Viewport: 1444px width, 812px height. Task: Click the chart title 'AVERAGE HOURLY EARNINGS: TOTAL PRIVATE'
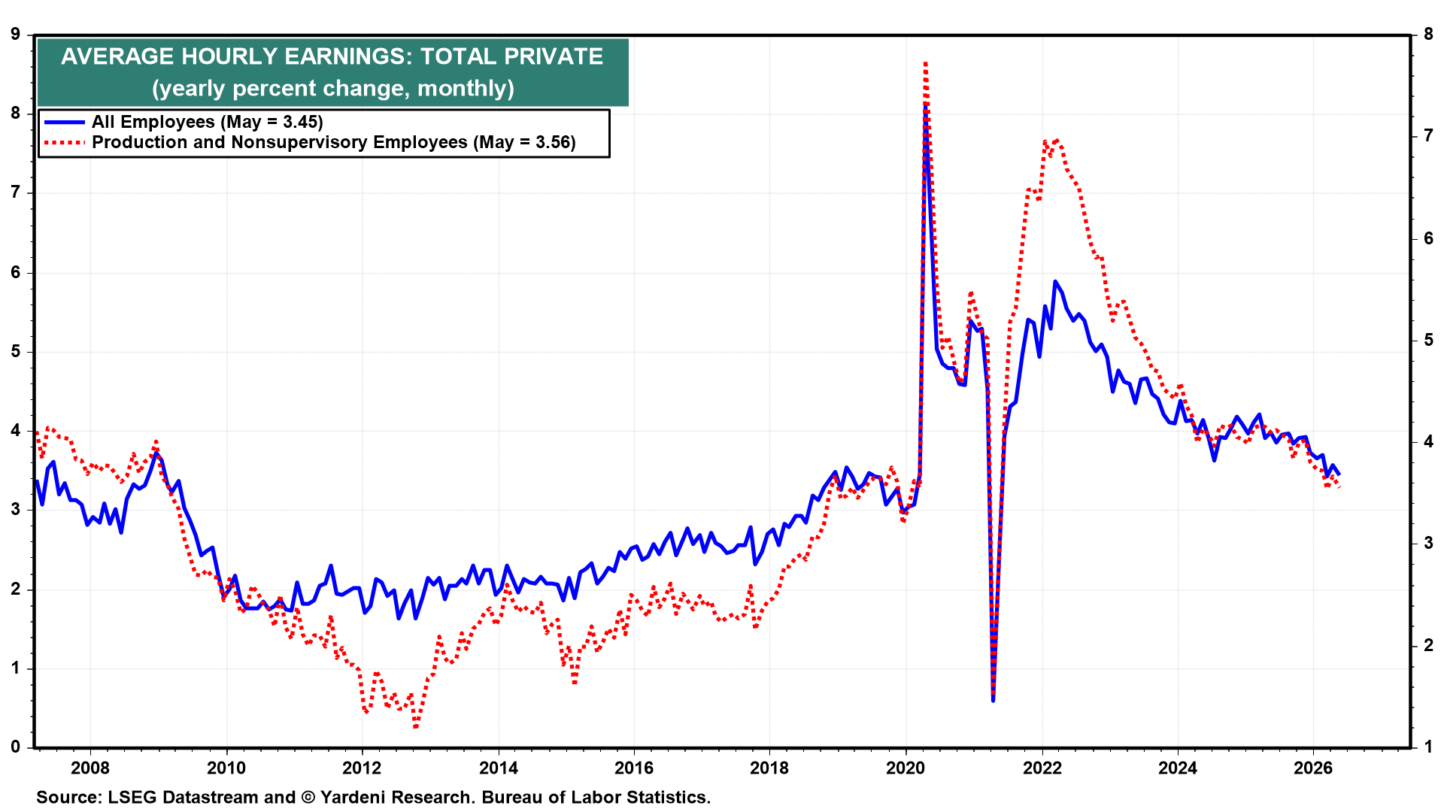pos(332,56)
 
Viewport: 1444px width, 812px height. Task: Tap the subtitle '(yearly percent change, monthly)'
pos(333,88)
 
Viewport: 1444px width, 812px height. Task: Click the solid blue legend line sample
pos(64,122)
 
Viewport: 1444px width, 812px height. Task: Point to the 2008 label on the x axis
pos(90,768)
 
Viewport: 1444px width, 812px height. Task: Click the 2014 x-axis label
pos(498,768)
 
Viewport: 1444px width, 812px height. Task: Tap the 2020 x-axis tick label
pos(906,768)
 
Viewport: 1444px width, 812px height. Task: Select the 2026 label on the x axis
pos(1313,768)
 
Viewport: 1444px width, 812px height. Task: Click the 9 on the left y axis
pos(15,34)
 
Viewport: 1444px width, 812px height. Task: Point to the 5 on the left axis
pos(15,352)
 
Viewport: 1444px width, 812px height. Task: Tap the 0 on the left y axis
pos(15,747)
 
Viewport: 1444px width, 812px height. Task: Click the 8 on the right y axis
pos(1428,34)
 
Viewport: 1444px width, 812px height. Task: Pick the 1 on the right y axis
pos(1428,747)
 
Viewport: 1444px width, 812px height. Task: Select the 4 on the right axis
pos(1428,441)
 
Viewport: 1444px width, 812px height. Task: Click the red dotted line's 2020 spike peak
pos(925,64)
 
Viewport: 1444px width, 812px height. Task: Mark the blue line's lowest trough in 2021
pos(993,700)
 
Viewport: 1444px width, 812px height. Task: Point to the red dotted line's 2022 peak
pos(1057,140)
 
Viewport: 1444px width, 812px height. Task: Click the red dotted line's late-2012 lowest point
pos(415,726)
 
